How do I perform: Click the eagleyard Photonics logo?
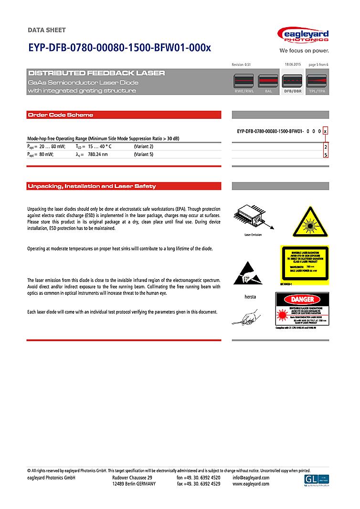point(303,36)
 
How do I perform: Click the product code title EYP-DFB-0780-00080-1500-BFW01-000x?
point(119,48)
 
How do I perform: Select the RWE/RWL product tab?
point(244,83)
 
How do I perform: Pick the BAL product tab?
point(268,83)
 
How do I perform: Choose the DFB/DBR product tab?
point(293,83)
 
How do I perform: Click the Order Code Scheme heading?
point(61,115)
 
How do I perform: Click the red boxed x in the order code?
point(326,131)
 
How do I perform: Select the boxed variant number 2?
point(326,147)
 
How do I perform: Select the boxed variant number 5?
point(326,155)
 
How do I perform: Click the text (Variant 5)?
point(144,155)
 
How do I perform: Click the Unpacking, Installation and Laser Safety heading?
point(92,186)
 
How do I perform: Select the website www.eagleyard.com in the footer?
point(251,484)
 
